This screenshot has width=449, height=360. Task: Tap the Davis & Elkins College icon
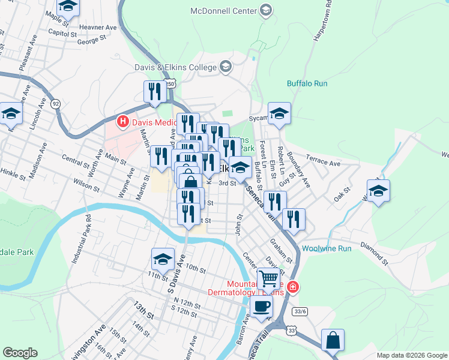(x=226, y=67)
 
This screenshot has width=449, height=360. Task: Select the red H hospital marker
(x=123, y=122)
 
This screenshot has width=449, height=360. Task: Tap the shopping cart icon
(x=268, y=278)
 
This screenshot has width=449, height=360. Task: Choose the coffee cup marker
(x=261, y=307)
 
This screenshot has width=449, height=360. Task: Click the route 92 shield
(x=56, y=103)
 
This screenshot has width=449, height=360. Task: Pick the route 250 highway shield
(x=170, y=85)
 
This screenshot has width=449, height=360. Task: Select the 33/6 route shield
(x=301, y=311)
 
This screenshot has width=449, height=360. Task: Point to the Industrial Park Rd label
(x=82, y=240)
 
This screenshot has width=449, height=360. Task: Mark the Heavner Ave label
(x=101, y=28)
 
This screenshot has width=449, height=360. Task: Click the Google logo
(x=20, y=352)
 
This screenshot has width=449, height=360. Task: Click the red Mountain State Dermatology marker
(x=292, y=287)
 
